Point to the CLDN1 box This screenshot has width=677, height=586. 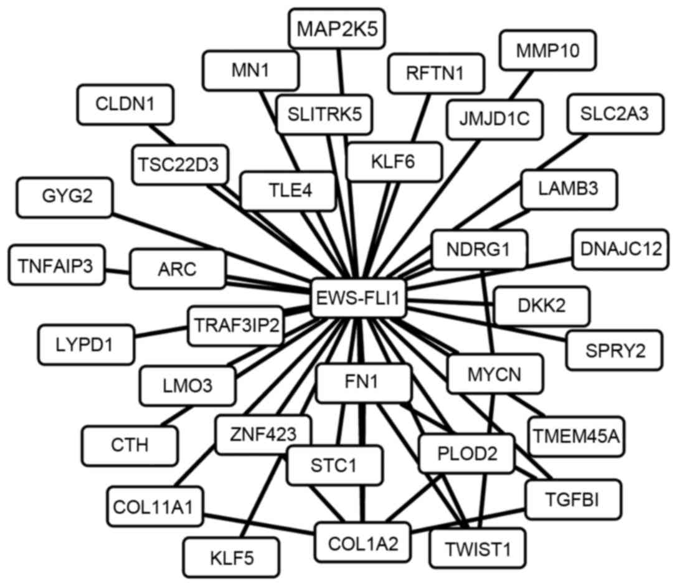pyautogui.click(x=125, y=103)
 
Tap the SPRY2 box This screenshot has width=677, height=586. pyautogui.click(x=613, y=351)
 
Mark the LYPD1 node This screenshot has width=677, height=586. pyautogui.click(x=86, y=344)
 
